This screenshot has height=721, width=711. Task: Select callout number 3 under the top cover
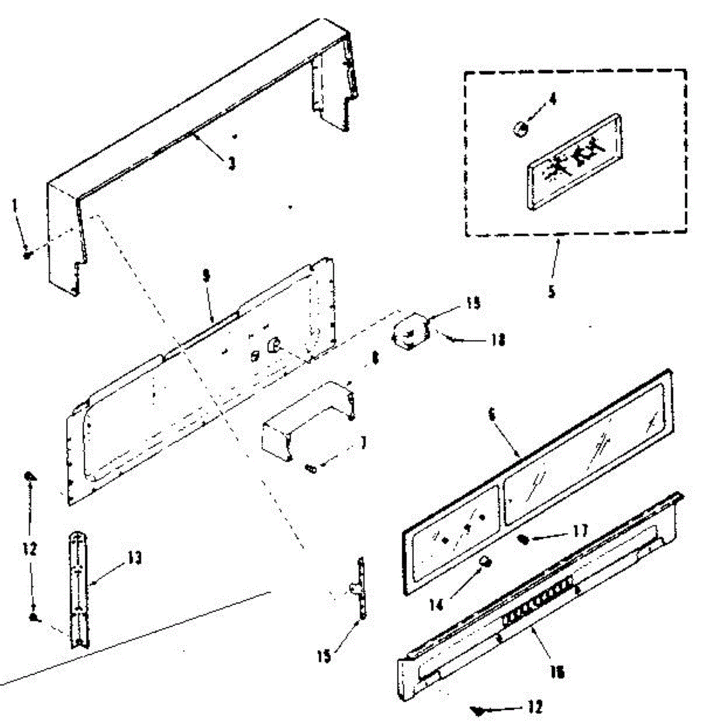[x=232, y=163]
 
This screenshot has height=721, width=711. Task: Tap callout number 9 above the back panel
[x=206, y=276]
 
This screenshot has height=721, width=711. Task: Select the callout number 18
[x=498, y=341]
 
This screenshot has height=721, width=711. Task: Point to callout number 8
[x=375, y=359]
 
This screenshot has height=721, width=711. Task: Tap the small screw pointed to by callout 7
[x=312, y=469]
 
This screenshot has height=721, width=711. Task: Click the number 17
[x=580, y=531]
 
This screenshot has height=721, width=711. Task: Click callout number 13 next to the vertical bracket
[x=135, y=558]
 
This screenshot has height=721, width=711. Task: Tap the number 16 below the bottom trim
[x=557, y=672]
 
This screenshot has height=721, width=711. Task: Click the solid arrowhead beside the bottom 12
[x=478, y=711]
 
